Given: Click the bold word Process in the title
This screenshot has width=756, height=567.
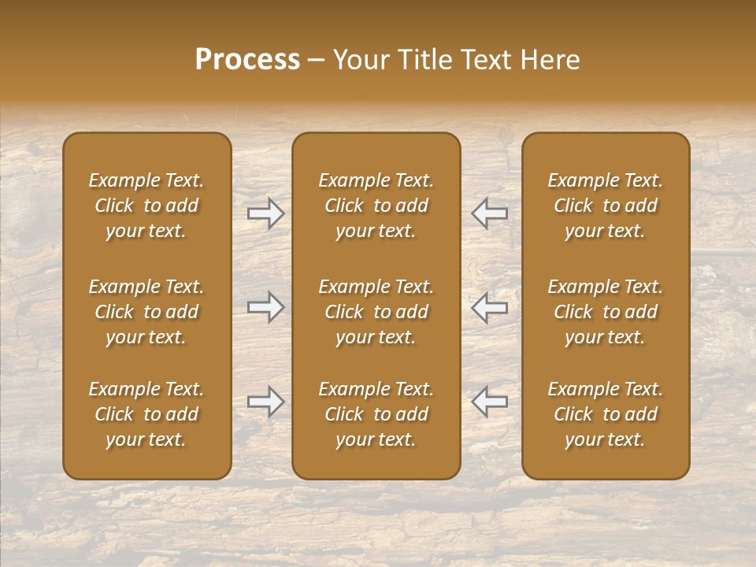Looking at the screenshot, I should pyautogui.click(x=247, y=60).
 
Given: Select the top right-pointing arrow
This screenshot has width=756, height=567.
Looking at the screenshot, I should pyautogui.click(x=265, y=213).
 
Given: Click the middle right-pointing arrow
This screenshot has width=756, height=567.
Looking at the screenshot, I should pyautogui.click(x=265, y=307).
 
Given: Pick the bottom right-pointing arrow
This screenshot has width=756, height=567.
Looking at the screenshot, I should pyautogui.click(x=265, y=402).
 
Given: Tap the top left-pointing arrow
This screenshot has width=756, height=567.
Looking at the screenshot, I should pyautogui.click(x=489, y=213).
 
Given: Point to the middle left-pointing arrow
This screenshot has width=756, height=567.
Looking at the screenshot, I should pyautogui.click(x=489, y=307).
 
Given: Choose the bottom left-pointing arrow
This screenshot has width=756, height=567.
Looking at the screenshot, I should pyautogui.click(x=489, y=402).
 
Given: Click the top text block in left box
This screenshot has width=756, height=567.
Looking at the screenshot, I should pyautogui.click(x=146, y=206).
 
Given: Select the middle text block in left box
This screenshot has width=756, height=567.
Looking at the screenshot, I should pyautogui.click(x=146, y=312).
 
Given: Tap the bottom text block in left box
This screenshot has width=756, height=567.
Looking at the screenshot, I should pyautogui.click(x=146, y=414).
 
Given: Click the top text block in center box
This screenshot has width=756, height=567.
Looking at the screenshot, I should pyautogui.click(x=376, y=206).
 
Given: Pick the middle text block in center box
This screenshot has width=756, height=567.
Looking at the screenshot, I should pyautogui.click(x=376, y=312).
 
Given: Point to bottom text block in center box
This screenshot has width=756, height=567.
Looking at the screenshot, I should pyautogui.click(x=376, y=414).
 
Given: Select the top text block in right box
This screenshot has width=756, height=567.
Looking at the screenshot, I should pyautogui.click(x=605, y=206).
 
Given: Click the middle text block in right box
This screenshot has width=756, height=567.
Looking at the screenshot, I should pyautogui.click(x=605, y=312).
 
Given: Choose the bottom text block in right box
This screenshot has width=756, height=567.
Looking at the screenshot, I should pyautogui.click(x=605, y=414).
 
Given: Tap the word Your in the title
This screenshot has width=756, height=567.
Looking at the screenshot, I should pyautogui.click(x=360, y=60).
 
